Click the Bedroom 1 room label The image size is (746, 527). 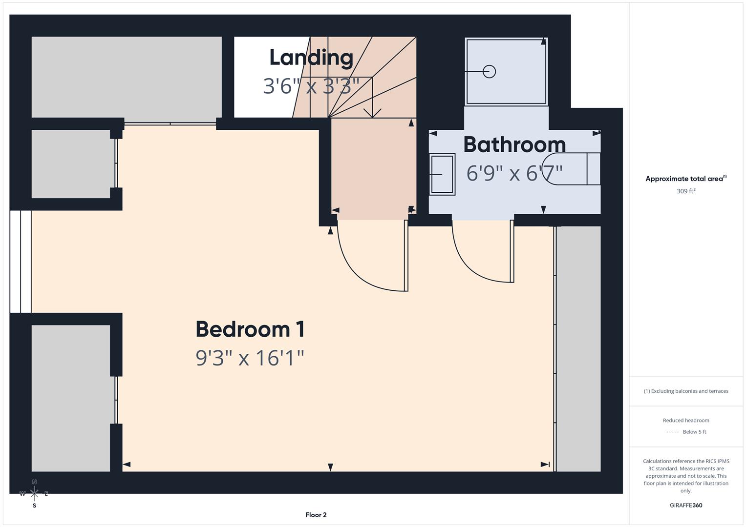point(250,329)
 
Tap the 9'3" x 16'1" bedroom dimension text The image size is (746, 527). point(250,358)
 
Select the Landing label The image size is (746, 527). point(311,58)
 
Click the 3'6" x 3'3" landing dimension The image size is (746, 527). point(311,86)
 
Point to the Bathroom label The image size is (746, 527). point(514,144)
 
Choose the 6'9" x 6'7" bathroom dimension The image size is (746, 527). point(514,173)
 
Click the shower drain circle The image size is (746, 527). point(489,72)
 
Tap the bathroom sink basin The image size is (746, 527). point(442,174)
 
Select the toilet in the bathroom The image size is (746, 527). point(572,169)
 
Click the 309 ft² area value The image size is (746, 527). point(685,191)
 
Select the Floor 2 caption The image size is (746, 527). point(316,515)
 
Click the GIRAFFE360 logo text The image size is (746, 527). point(685,505)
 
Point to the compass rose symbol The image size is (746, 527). point(34,493)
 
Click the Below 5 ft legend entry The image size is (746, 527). point(694,432)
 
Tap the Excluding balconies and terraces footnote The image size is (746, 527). point(685,391)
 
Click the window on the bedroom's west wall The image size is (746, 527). point(21,262)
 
